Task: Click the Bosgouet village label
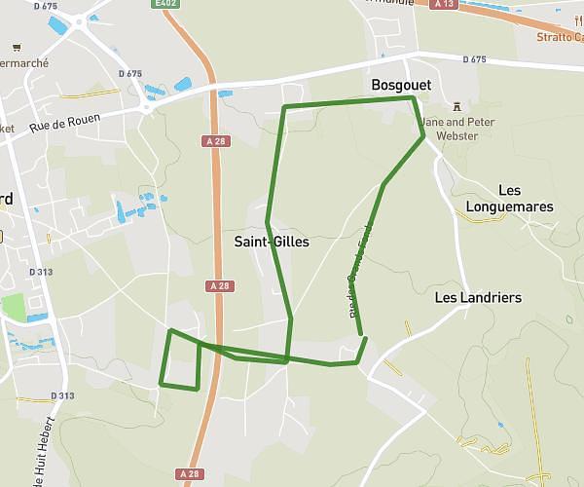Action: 401,86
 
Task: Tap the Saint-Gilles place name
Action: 272,241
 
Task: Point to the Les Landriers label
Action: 478,297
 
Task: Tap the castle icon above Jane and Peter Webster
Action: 457,105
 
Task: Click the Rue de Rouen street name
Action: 65,124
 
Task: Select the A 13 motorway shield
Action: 445,4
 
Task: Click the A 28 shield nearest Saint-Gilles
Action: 221,286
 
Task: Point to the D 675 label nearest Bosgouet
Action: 473,59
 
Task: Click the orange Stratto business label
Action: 560,37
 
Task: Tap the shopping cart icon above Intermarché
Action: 17,47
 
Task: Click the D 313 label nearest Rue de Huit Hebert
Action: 60,395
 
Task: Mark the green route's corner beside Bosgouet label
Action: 414,97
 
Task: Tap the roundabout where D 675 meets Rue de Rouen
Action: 147,108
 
